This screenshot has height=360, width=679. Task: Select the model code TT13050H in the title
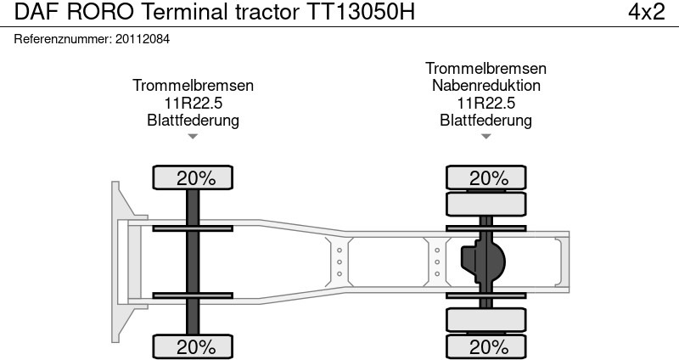pos(359,14)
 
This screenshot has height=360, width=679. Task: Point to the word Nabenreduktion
pos(485,86)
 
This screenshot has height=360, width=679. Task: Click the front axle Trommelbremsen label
pos(193,86)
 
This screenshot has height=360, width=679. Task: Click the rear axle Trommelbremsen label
pos(485,69)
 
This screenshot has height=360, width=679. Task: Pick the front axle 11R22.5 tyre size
pos(193,103)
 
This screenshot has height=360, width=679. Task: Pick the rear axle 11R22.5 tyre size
pos(485,103)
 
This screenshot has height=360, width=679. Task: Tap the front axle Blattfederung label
pos(193,120)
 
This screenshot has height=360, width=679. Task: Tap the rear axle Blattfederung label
pos(485,120)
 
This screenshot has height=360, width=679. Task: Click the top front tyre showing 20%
pos(194,178)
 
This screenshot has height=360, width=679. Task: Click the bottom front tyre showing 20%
pos(194,346)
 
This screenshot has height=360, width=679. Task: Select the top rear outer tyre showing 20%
pos(487,178)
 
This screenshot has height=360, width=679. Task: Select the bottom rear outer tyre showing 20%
pos(487,346)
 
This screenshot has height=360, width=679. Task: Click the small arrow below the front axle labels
pos(193,136)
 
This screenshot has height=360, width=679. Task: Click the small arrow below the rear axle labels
pos(485,136)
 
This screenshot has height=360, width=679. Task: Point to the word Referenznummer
pos(61,39)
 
